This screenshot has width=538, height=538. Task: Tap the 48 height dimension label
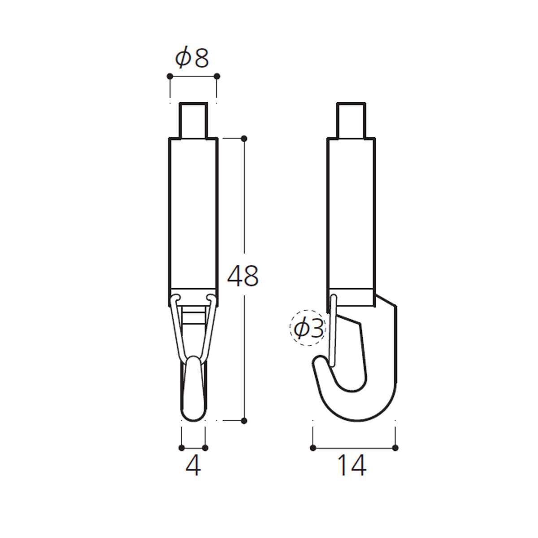[243, 276]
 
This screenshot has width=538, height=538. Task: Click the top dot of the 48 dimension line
[244, 138]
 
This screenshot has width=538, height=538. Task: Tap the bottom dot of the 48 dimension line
[244, 428]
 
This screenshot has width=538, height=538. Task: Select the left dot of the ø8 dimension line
[170, 76]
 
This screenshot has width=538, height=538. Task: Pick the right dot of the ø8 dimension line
[217, 76]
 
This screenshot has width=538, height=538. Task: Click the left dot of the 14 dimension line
[313, 448]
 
